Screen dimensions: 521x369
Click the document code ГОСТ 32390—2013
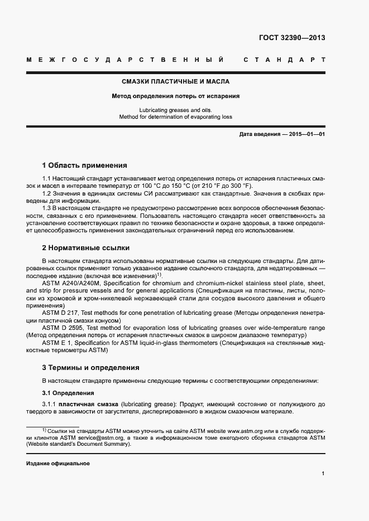[292, 38]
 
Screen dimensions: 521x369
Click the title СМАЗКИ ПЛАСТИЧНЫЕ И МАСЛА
[176, 81]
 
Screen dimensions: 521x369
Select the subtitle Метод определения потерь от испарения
[176, 96]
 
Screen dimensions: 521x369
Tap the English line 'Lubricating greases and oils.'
[176, 110]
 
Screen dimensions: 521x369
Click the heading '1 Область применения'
[84, 165]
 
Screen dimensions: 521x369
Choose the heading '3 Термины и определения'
[90, 368]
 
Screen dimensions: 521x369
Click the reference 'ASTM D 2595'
[61, 328]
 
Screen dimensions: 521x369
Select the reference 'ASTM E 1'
[57, 343]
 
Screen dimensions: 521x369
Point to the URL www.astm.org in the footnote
[250, 431]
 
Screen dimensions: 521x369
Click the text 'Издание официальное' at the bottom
[57, 464]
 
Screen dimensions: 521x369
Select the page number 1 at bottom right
[323, 474]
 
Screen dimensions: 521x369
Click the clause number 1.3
[47, 207]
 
